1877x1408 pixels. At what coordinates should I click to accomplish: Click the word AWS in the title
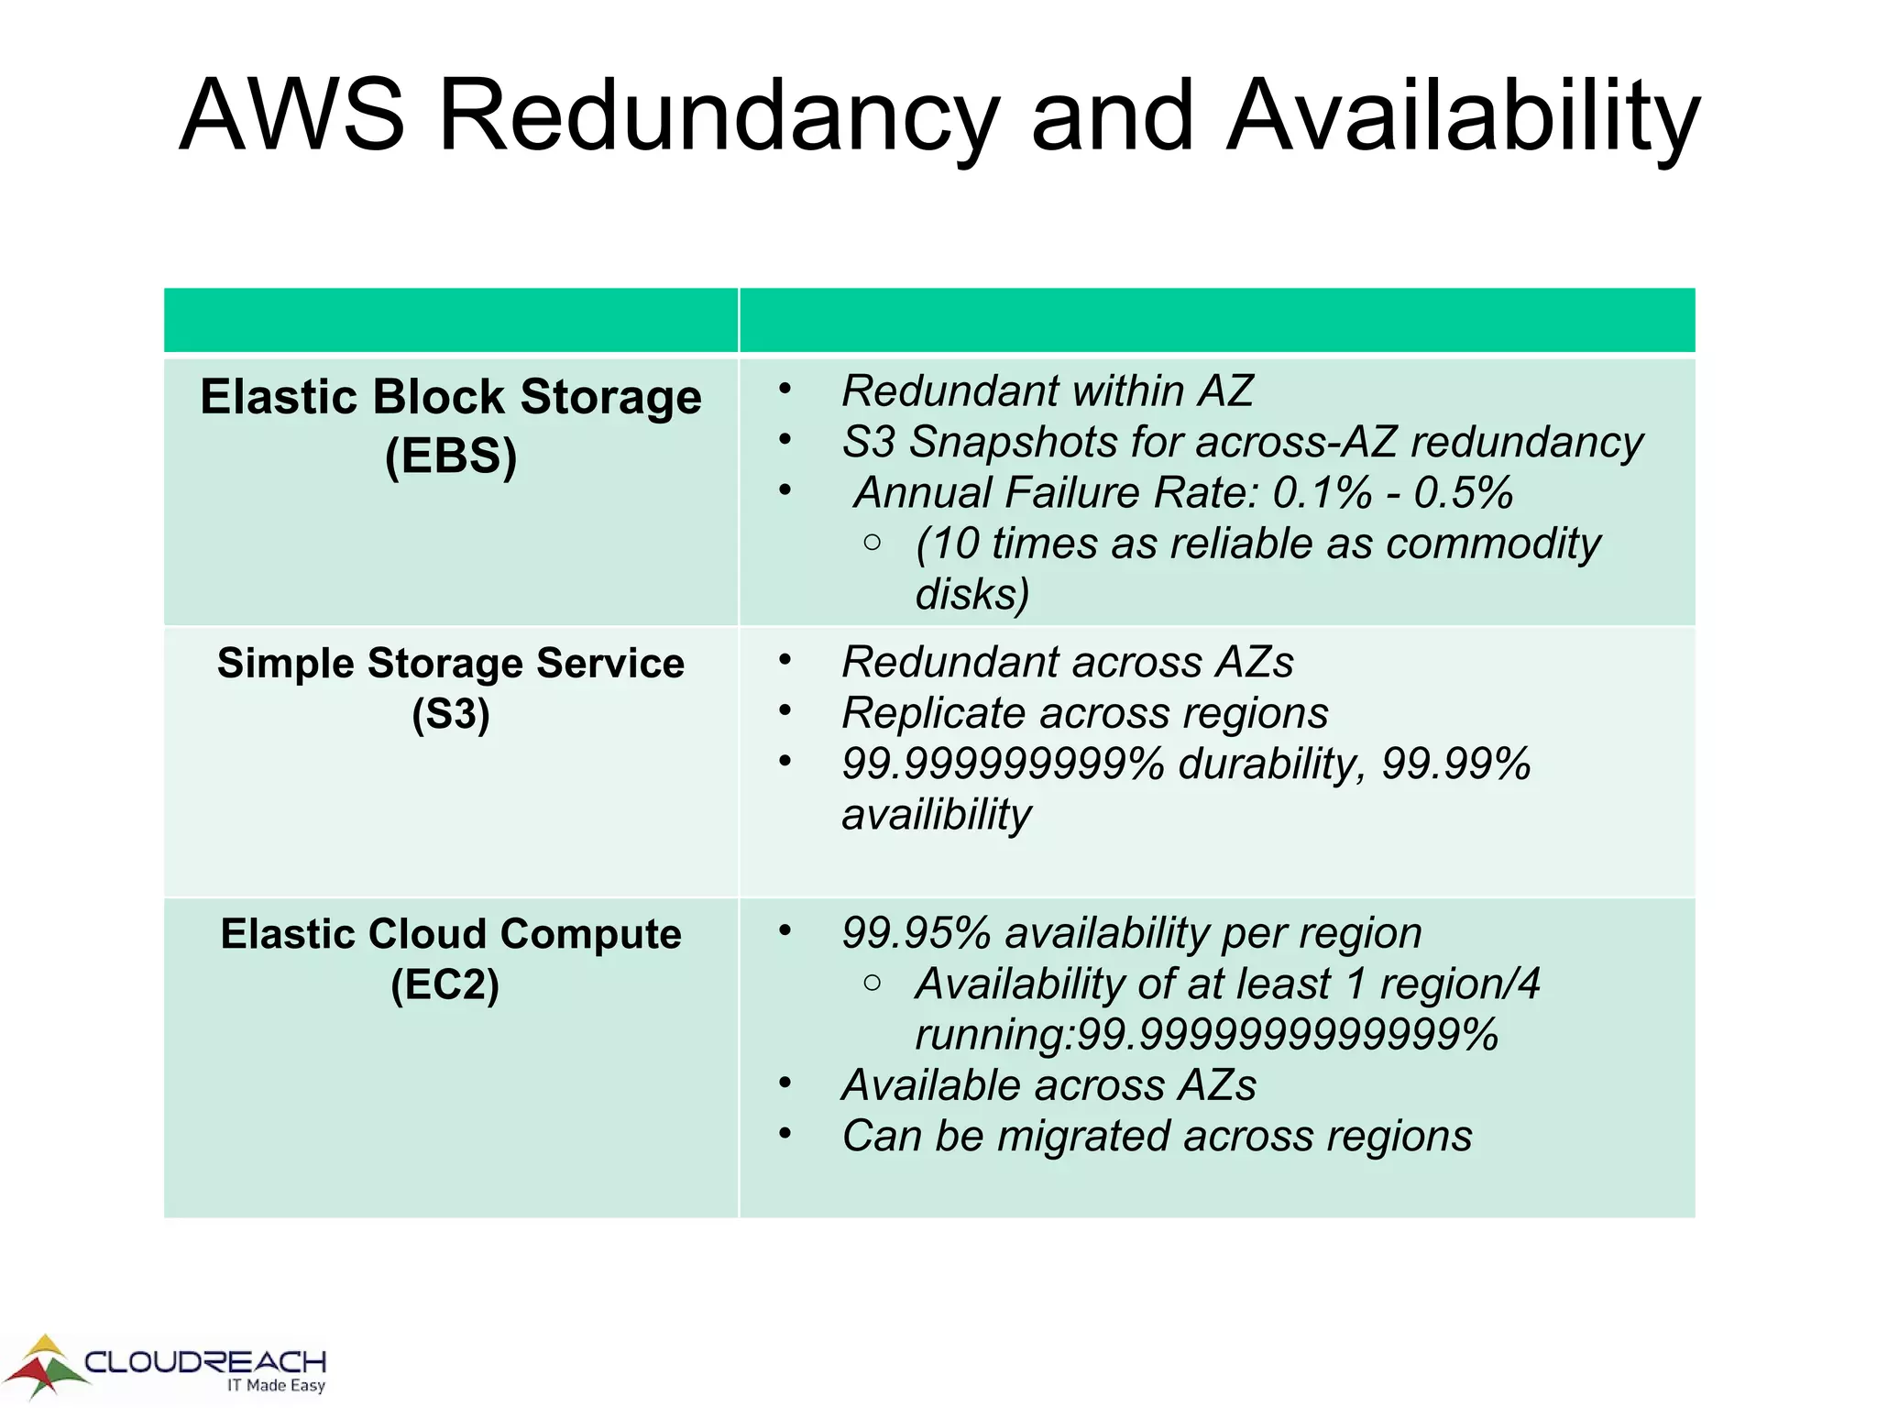(x=291, y=116)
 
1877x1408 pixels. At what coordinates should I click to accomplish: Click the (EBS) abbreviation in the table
(x=451, y=456)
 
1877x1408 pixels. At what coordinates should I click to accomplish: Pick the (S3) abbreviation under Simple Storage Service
(x=451, y=714)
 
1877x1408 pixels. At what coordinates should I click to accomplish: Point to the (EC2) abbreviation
(x=445, y=985)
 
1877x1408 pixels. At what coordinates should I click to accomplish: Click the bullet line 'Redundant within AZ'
(x=1047, y=391)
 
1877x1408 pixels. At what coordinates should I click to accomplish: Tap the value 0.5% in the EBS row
(x=1463, y=493)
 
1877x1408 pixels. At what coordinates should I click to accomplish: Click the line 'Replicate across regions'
(x=1084, y=713)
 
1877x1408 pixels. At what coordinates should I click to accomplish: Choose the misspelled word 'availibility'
(x=936, y=815)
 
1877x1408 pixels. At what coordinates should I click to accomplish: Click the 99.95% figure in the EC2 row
(x=917, y=933)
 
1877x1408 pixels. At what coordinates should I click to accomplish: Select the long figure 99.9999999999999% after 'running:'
(x=1288, y=1035)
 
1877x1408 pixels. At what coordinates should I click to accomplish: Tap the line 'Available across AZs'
(x=1048, y=1085)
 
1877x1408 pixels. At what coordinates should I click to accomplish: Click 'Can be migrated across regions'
(x=1157, y=1137)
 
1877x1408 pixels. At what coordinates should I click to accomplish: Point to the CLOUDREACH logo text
(x=205, y=1361)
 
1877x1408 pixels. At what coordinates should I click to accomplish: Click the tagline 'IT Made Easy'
(x=276, y=1385)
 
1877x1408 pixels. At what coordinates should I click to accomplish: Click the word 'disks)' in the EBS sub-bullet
(x=971, y=595)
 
